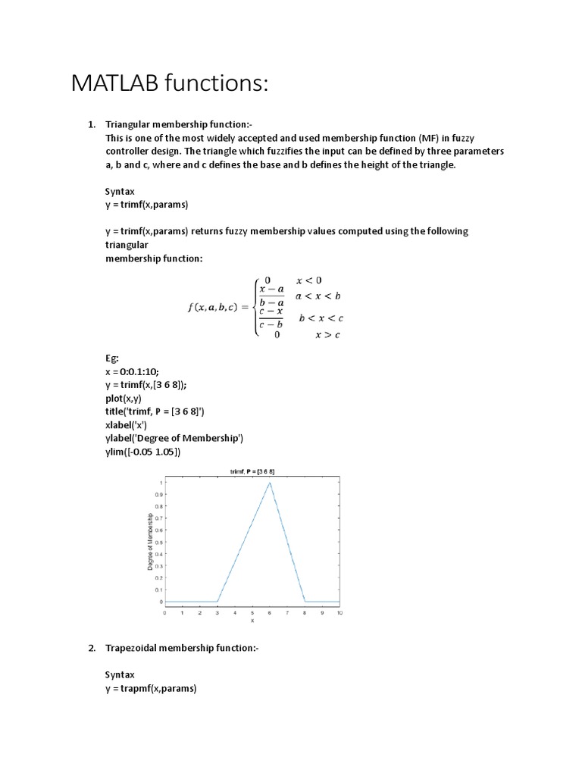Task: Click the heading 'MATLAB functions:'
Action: coord(170,84)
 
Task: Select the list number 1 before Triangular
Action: coord(91,124)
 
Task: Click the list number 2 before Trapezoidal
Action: coord(91,648)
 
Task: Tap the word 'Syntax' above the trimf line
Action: coord(120,192)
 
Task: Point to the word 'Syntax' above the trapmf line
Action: coord(120,674)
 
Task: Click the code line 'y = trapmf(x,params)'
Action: coord(151,688)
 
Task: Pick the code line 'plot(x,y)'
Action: coord(124,398)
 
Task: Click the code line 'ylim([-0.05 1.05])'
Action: coord(143,452)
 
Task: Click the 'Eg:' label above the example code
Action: coord(112,357)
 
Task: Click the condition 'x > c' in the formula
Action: coord(327,335)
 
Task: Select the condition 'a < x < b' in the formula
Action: coord(318,296)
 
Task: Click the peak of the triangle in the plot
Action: coord(269,483)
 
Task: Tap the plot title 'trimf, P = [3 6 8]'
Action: coord(252,471)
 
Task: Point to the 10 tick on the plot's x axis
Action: coord(339,612)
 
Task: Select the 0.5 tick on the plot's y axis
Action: coord(159,542)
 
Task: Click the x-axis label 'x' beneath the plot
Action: coord(252,621)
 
